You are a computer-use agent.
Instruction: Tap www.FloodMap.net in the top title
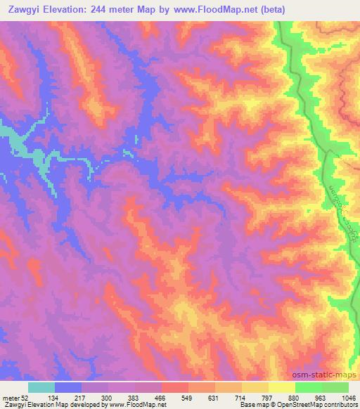tap(214, 9)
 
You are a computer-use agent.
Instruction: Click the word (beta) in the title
tap(271, 9)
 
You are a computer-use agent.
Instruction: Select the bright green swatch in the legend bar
tap(309, 387)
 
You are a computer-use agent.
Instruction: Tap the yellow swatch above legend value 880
tap(282, 387)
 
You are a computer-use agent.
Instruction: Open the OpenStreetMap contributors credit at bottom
tap(320, 405)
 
